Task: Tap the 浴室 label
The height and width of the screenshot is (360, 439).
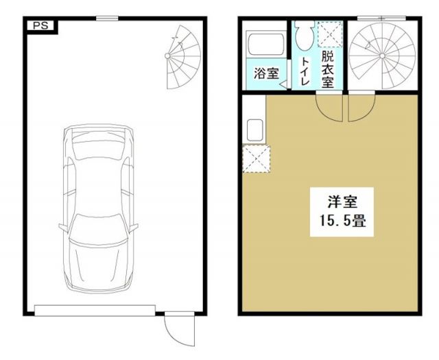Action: click(x=265, y=73)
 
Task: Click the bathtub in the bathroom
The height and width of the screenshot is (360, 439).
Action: click(x=265, y=46)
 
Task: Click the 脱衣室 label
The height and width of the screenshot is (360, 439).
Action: click(x=327, y=69)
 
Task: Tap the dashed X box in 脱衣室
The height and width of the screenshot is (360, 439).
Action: click(x=328, y=34)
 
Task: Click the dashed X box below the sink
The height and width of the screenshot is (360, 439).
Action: click(x=255, y=159)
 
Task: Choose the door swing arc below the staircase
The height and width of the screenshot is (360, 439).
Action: click(x=361, y=107)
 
